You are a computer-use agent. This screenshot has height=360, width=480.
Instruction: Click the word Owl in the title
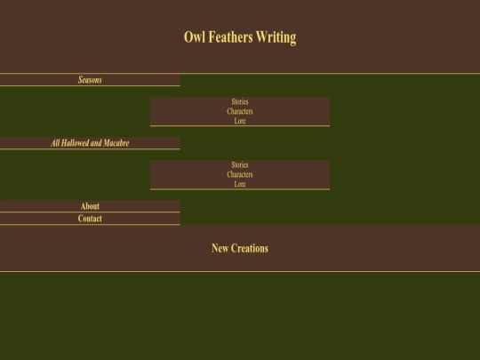[x=195, y=37]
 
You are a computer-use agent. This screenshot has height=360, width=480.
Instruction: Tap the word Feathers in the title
[x=231, y=37]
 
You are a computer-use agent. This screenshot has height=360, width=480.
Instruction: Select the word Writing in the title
[x=276, y=38]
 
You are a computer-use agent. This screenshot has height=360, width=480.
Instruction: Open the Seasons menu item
[x=90, y=80]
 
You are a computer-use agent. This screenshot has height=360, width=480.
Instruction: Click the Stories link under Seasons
[x=240, y=101]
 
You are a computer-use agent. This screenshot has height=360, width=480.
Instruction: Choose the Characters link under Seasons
[x=240, y=111]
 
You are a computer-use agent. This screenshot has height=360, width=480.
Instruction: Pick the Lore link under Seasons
[x=240, y=121]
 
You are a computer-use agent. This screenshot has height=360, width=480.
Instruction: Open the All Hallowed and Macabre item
[x=90, y=143]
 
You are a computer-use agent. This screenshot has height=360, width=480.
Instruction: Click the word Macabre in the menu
[x=116, y=143]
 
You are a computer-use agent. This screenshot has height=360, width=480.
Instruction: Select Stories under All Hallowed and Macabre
[x=240, y=165]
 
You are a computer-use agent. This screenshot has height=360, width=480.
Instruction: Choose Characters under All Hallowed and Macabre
[x=240, y=174]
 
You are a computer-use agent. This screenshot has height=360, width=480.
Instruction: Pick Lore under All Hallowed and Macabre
[x=240, y=184]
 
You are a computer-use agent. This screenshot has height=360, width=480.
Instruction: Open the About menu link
[x=90, y=206]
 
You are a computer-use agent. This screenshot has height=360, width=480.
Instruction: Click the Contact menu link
[x=90, y=219]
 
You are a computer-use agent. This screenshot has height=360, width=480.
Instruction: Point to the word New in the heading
[x=220, y=248]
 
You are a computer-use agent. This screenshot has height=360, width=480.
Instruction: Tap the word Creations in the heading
[x=250, y=248]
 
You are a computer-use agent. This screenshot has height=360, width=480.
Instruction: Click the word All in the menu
[x=55, y=143]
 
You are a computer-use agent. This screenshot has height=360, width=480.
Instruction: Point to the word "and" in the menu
[x=96, y=143]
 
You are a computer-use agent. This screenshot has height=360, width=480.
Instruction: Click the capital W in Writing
[x=261, y=37]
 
